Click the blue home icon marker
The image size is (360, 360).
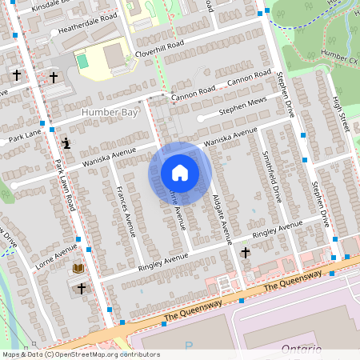[180, 172]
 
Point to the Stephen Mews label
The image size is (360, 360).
[242, 103]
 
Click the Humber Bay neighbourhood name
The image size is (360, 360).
[110, 113]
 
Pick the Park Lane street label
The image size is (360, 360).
[24, 138]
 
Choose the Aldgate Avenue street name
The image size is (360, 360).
[221, 217]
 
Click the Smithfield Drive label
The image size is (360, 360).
[272, 176]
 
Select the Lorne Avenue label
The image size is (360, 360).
[56, 254]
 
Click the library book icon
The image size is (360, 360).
[78, 269]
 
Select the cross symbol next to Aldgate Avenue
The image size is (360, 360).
[246, 253]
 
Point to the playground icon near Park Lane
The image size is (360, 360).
[66, 144]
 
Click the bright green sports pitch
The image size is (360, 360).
[82, 60]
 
